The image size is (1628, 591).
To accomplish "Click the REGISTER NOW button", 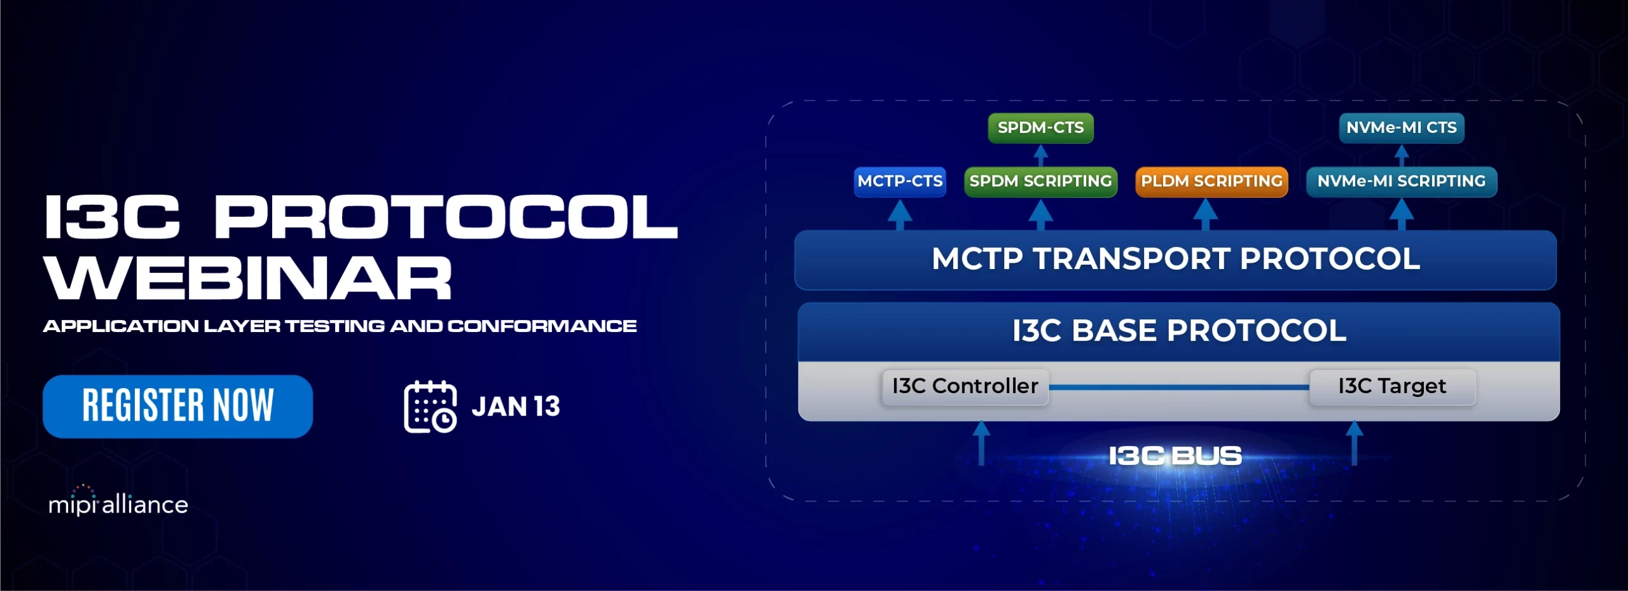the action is (x=177, y=406).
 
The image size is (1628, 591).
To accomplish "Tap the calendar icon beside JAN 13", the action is (x=431, y=407).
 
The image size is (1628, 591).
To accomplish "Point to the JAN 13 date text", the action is (x=516, y=407).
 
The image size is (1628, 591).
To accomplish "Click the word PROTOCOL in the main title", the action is (x=446, y=217).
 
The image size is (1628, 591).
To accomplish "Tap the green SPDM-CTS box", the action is (x=1040, y=128).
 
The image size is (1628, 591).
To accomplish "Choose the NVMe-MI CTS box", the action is (x=1402, y=128).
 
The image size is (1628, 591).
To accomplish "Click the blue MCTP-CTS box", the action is (x=900, y=181).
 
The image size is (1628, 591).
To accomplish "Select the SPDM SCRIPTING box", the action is (x=1040, y=181).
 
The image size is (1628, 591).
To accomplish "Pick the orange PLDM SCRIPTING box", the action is (x=1211, y=181).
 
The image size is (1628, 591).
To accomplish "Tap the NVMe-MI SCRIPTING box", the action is (x=1402, y=181).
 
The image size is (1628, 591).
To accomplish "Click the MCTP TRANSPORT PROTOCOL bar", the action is (x=1176, y=260).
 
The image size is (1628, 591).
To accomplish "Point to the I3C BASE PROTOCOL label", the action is (x=1179, y=331).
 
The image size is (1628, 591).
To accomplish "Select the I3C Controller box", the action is (x=965, y=386).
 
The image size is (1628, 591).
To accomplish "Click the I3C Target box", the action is (x=1392, y=386).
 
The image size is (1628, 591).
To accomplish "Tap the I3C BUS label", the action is (x=1175, y=455).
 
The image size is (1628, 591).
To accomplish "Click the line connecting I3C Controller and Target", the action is (x=1179, y=387).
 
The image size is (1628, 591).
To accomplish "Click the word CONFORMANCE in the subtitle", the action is (x=542, y=326).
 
